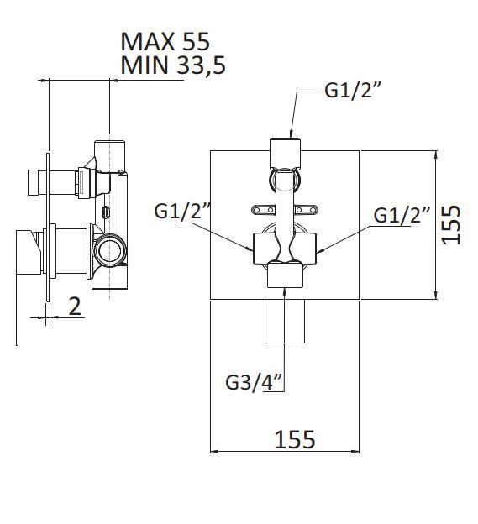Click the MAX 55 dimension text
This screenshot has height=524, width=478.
point(165,41)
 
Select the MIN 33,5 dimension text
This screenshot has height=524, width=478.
point(173,65)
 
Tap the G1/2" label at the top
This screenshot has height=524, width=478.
point(353,90)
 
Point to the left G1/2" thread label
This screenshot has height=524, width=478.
point(182,212)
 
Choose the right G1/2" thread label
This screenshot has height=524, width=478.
point(402,214)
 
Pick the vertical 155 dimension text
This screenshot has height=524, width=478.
point(451,224)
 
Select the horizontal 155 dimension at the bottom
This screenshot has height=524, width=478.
point(295,439)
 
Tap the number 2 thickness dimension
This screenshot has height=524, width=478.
point(75,307)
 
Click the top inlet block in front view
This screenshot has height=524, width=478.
point(285,154)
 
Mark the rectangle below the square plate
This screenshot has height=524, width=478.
point(285,321)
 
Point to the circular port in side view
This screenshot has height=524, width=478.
point(110,250)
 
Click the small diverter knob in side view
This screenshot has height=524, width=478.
point(33,182)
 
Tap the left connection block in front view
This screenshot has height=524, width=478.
point(265,249)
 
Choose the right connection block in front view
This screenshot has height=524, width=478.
point(306,249)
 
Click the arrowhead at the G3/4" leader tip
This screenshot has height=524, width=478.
point(285,291)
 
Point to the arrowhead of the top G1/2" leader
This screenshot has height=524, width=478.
point(291,134)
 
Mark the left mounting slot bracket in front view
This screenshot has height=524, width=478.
point(264,210)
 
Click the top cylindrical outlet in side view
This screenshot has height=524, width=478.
point(110,155)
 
